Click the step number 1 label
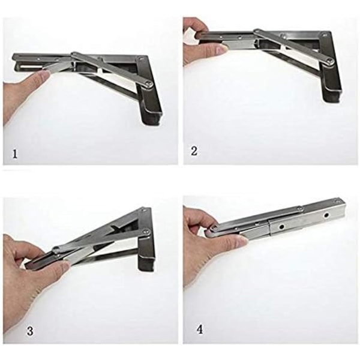click(x=15, y=154)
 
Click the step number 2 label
click(x=194, y=151)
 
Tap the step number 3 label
click(x=30, y=331)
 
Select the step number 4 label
click(x=200, y=329)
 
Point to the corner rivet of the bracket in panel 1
click(x=140, y=59)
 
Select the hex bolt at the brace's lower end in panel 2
click(x=330, y=61)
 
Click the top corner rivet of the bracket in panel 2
click(x=325, y=35)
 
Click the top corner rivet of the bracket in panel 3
click(x=143, y=209)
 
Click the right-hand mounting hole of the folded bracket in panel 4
click(x=326, y=215)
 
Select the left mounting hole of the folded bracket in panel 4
click(x=280, y=227)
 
